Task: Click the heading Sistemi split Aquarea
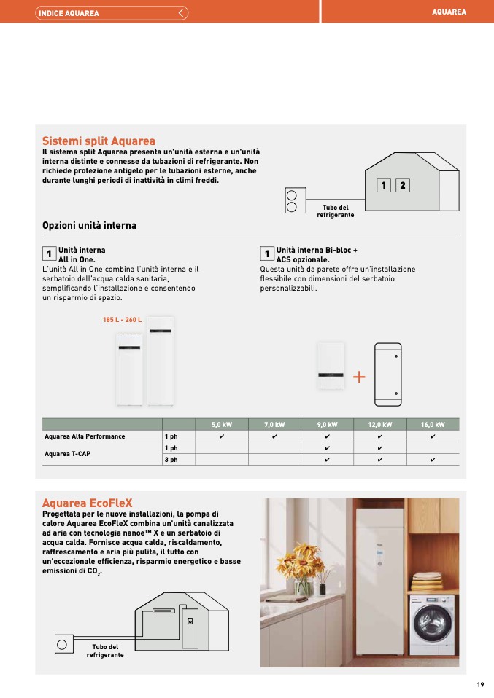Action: (x=99, y=141)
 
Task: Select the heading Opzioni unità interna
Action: (x=89, y=226)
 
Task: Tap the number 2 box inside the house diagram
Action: (x=402, y=186)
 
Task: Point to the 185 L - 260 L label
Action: (x=123, y=320)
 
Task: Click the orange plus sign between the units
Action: (x=359, y=377)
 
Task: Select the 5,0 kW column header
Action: (x=222, y=424)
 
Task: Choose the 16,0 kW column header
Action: (x=433, y=424)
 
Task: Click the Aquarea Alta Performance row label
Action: (x=85, y=436)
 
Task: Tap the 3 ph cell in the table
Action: (x=171, y=460)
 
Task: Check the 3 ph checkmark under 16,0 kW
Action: (x=433, y=460)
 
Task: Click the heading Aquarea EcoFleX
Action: (x=87, y=503)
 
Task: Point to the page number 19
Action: (x=480, y=684)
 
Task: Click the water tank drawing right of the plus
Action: (x=387, y=375)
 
